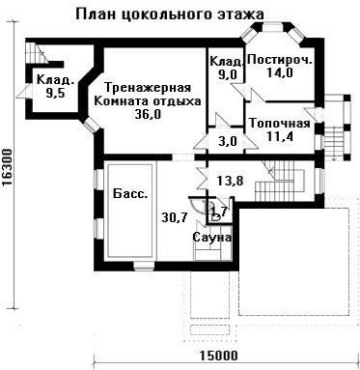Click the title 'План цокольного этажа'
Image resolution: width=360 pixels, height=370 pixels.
point(170,14)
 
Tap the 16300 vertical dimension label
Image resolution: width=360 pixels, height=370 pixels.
point(7,167)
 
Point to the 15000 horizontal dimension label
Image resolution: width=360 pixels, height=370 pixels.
point(219,356)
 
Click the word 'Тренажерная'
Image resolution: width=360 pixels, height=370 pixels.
point(148,88)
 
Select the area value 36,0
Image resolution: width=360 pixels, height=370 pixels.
point(148,114)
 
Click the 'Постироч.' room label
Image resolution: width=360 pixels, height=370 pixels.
point(280,60)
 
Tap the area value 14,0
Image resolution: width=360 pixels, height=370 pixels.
point(280,72)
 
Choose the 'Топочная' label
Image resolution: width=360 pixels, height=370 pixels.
point(280,124)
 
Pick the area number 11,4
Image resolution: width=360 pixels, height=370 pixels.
point(280,136)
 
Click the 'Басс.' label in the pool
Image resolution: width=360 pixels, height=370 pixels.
point(131,194)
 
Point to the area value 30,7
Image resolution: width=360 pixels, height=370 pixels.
point(174,218)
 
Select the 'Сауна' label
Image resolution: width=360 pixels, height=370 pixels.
point(212,238)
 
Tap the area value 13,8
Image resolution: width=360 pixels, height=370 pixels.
point(230,181)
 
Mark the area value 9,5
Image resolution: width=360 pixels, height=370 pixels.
point(55,93)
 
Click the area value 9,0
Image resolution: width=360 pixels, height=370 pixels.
point(228,74)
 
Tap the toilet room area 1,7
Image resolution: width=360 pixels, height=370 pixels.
point(219,211)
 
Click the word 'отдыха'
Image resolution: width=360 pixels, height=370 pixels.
point(177,101)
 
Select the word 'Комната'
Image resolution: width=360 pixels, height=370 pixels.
point(122,101)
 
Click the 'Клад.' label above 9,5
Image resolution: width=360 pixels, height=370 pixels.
point(55,79)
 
